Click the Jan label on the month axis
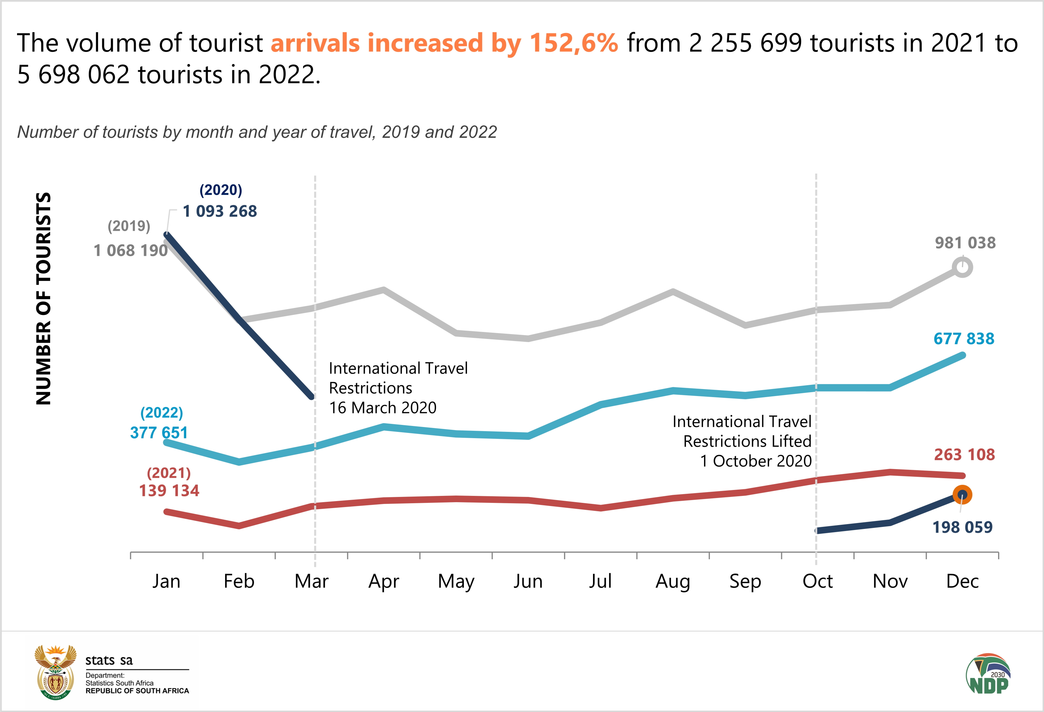coord(166,581)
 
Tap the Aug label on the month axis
coord(672,581)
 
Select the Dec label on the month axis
coord(962,581)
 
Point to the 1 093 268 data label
coord(220,211)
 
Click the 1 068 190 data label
coord(130,251)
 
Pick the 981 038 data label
coord(965,243)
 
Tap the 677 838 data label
coord(964,339)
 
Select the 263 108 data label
coord(965,454)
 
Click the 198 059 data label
coord(962,527)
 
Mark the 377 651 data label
coord(159,433)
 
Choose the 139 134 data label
coord(169,491)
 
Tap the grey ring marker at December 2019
coord(962,267)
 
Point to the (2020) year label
coord(221,190)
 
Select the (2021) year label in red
coord(169,473)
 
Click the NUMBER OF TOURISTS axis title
coord(43,299)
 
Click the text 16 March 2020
coord(383,408)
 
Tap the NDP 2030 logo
coord(988,674)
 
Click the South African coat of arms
coord(56,672)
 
